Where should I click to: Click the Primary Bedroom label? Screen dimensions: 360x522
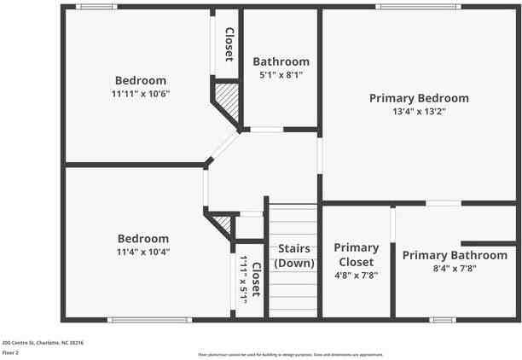tap(419, 98)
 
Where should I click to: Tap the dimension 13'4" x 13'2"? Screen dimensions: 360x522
tap(419, 111)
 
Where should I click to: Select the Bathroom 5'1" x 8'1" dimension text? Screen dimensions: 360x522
tap(281, 75)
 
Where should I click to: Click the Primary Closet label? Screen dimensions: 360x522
tap(356, 254)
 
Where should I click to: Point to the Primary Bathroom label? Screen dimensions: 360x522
tap(455, 255)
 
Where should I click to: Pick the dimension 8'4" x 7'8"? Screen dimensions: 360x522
tap(455, 268)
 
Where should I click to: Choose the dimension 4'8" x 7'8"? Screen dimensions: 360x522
tap(356, 276)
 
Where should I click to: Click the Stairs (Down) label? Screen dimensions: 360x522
tap(293, 255)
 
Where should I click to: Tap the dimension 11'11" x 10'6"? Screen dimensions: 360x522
tap(141, 94)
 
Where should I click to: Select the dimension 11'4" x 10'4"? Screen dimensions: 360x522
tap(142, 252)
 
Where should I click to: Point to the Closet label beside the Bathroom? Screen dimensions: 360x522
tap(229, 44)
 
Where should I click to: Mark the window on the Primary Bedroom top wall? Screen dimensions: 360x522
tap(418, 7)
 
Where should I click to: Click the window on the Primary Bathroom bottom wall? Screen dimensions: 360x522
tap(442, 320)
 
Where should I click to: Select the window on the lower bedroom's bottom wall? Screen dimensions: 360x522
tap(137, 320)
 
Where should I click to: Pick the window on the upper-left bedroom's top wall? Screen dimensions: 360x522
tap(97, 7)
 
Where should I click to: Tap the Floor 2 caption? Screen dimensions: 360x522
tap(10, 351)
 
